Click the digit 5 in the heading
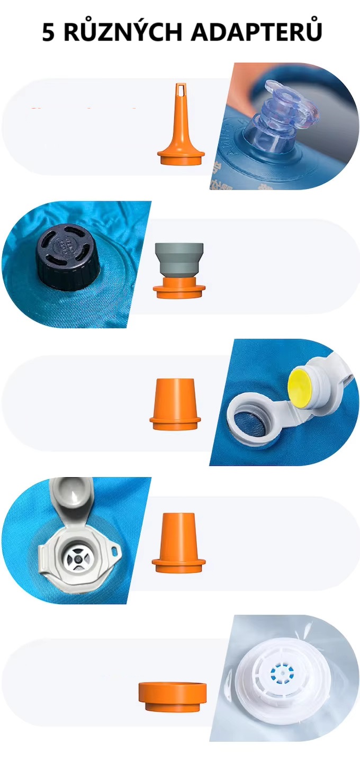click(49, 32)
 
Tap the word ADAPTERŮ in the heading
click(256, 32)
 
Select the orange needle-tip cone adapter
click(181, 127)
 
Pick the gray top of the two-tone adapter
click(179, 259)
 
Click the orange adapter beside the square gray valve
click(178, 543)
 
